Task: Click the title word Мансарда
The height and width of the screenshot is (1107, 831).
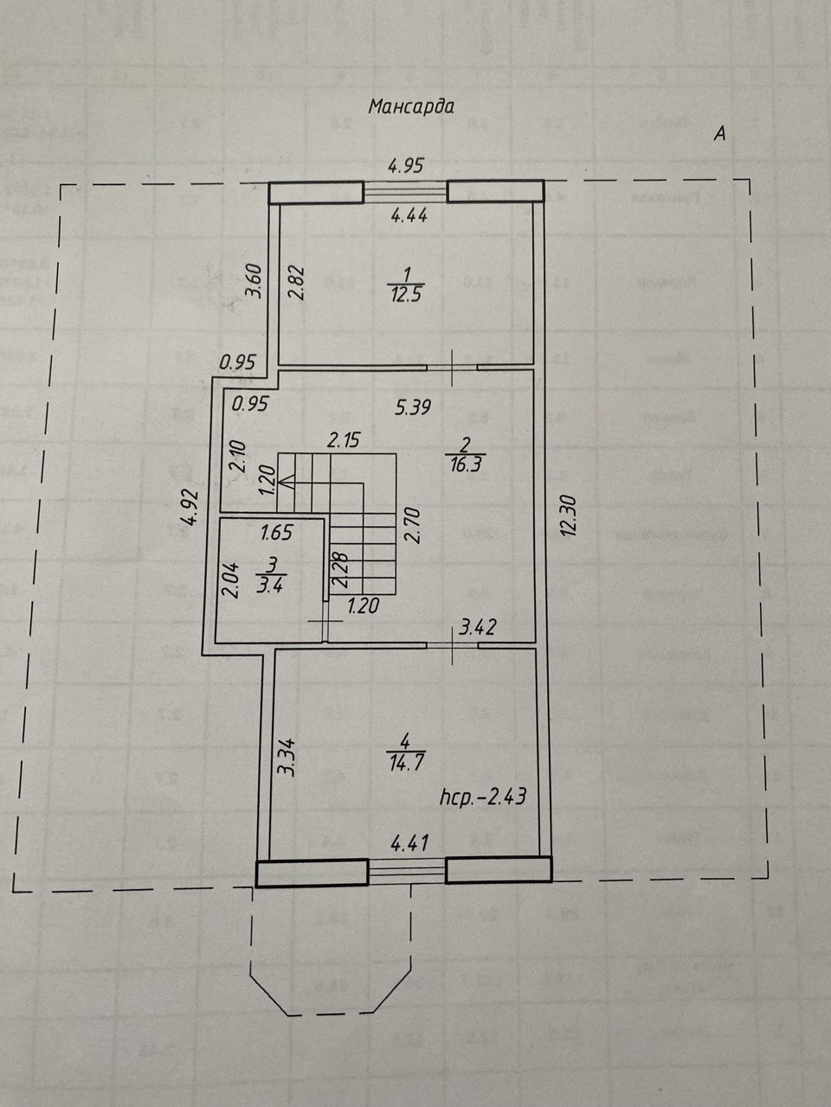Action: pos(411,107)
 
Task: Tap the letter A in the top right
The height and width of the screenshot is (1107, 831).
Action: pos(718,133)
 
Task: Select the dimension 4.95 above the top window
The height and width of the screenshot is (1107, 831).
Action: pos(405,164)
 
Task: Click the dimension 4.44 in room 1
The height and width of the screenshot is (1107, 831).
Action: pos(409,216)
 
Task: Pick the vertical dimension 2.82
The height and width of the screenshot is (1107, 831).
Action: pos(297,280)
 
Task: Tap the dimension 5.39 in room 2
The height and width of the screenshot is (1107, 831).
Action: pos(414,406)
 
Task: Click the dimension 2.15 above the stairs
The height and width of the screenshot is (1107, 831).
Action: pos(343,440)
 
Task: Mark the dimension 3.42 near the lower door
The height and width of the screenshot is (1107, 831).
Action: pos(477,627)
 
